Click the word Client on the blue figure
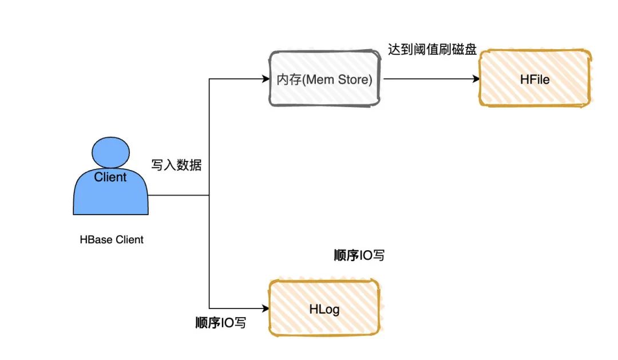(x=110, y=177)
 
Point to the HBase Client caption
(x=112, y=240)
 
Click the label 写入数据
(x=176, y=166)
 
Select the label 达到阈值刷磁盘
(x=432, y=49)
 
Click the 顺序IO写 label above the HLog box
(x=359, y=255)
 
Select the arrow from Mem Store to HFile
(x=429, y=79)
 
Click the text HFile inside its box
(x=535, y=80)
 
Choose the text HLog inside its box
(x=324, y=310)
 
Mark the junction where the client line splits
(x=209, y=195)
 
